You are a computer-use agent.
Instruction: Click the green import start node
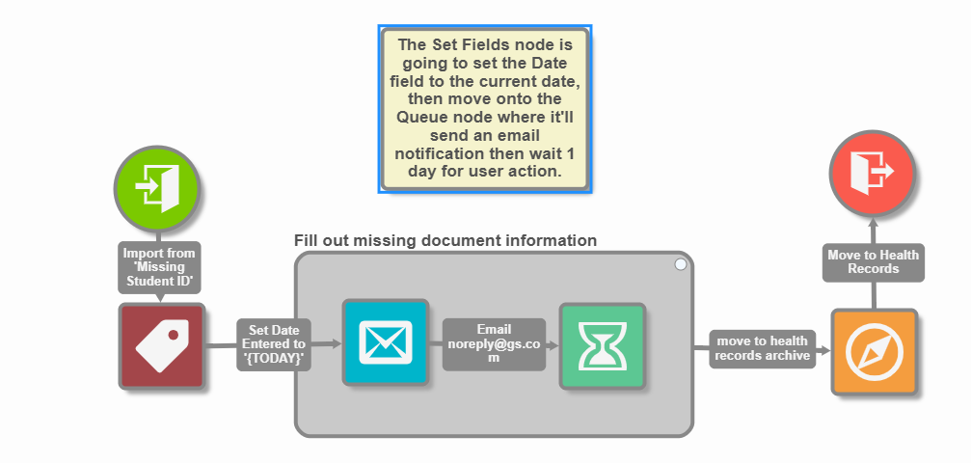click(x=156, y=187)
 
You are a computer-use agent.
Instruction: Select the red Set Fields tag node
click(x=162, y=346)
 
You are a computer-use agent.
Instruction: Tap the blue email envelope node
click(x=385, y=341)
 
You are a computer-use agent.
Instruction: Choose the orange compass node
click(x=874, y=353)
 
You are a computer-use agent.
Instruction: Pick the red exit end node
click(x=873, y=172)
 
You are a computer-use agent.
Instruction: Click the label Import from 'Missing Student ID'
click(x=159, y=267)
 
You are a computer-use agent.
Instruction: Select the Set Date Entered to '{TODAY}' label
click(x=274, y=343)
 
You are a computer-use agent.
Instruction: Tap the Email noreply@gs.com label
click(x=494, y=343)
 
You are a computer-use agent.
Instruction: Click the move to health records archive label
click(x=762, y=348)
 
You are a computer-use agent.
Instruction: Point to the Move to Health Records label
click(x=873, y=260)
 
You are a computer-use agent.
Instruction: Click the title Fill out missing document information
click(x=445, y=240)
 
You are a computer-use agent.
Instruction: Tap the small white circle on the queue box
click(x=681, y=263)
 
